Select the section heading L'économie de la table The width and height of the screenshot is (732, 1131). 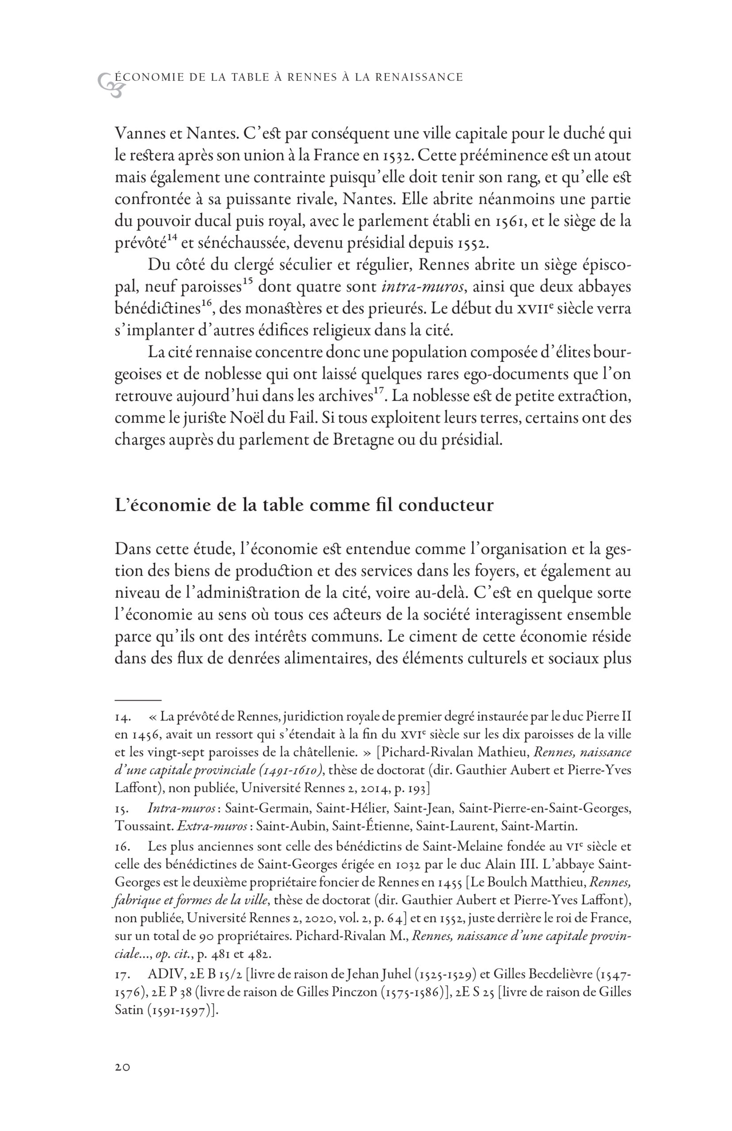click(x=304, y=505)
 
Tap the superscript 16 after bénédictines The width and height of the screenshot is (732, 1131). click(x=206, y=304)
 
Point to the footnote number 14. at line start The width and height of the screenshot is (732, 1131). click(x=121, y=716)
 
